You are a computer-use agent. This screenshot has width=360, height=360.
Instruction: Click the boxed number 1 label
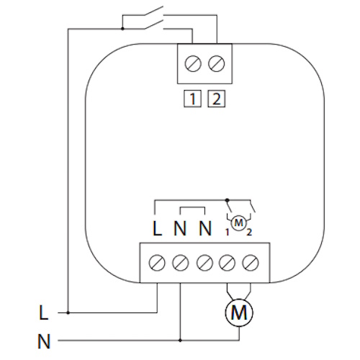click(192, 99)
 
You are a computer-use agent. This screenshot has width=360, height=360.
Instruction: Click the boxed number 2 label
click(216, 99)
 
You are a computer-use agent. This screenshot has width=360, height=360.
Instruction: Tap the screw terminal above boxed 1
click(193, 64)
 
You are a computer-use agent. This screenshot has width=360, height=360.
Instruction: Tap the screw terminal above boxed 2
click(217, 64)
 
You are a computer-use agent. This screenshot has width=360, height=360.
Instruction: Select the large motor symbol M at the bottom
click(239, 312)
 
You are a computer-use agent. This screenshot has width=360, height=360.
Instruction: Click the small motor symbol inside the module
click(238, 223)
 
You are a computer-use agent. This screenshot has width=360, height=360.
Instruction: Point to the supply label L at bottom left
click(43, 312)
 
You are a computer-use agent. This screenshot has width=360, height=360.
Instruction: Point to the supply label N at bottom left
click(44, 341)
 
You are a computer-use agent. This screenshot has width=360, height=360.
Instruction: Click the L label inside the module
click(157, 228)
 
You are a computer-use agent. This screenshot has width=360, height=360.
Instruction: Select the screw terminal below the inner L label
click(157, 263)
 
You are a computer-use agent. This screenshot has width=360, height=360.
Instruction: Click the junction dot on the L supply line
click(68, 312)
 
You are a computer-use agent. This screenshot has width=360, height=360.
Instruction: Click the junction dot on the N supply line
click(180, 341)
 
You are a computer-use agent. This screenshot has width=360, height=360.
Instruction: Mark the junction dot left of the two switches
click(122, 29)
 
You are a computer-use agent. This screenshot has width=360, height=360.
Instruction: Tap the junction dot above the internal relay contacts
click(228, 199)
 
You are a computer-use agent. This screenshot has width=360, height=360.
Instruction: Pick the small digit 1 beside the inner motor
click(227, 233)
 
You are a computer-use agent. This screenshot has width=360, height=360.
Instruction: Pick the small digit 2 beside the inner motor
click(249, 233)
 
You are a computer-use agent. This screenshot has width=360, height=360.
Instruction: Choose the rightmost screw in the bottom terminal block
click(251, 263)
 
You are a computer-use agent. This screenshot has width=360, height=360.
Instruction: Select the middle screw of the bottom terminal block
click(204, 263)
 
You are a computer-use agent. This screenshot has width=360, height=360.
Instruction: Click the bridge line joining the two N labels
click(192, 207)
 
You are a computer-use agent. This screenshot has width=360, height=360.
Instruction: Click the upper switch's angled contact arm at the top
click(154, 11)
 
